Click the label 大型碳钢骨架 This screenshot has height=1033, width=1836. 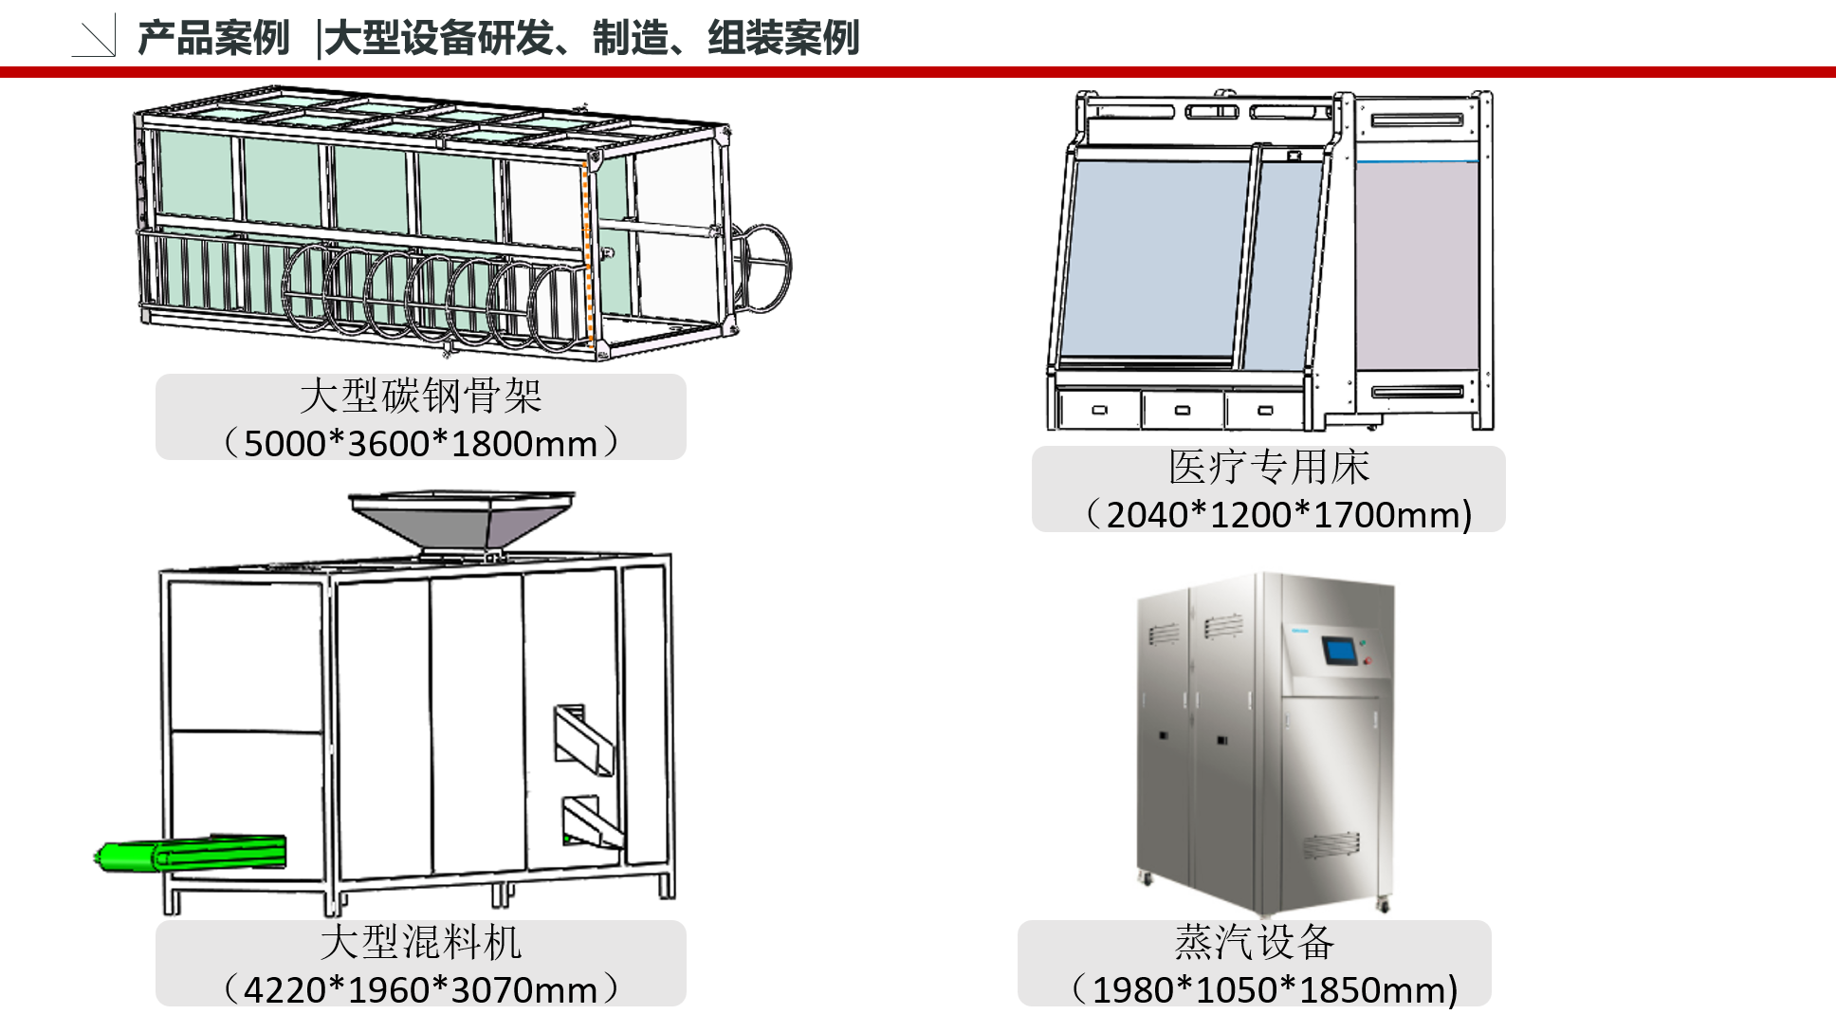[x=420, y=396]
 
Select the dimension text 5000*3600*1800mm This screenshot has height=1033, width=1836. [x=420, y=443]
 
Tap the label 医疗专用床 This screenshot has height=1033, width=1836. [x=1269, y=467]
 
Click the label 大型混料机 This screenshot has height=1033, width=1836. [x=420, y=942]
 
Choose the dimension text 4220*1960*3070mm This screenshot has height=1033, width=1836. [x=420, y=989]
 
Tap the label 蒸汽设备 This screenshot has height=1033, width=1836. [x=1254, y=942]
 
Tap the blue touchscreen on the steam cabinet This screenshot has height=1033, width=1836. [x=1339, y=651]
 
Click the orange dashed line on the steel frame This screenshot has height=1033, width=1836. [x=588, y=256]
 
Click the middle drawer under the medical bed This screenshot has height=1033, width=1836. [x=1183, y=410]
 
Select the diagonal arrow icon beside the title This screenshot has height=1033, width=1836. [x=95, y=38]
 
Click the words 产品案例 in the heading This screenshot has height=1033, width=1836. [x=213, y=39]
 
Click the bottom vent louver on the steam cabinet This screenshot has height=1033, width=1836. [x=1330, y=843]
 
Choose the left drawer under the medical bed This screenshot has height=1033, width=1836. [x=1100, y=410]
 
